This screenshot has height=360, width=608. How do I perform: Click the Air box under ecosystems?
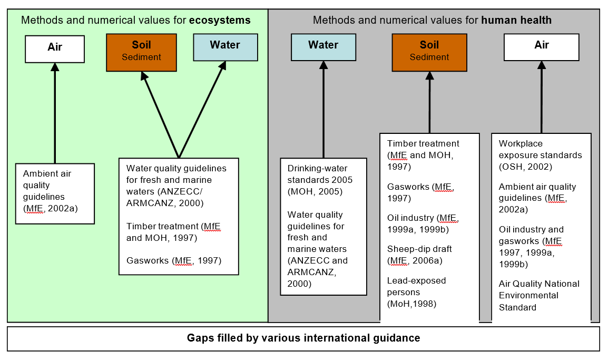(x=55, y=48)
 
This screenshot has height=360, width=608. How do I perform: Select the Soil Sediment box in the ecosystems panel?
(x=141, y=52)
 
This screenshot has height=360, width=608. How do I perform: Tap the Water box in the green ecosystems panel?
(x=225, y=47)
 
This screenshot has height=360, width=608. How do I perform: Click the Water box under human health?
(x=323, y=47)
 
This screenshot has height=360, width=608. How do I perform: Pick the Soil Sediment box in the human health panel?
(x=429, y=52)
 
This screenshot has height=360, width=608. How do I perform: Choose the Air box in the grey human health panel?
(x=541, y=47)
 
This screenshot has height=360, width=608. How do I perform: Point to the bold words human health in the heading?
(x=516, y=21)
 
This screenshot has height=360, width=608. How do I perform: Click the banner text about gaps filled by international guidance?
(x=303, y=338)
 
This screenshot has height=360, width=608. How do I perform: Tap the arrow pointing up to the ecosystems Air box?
(x=55, y=111)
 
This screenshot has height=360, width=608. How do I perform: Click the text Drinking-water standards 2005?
(x=320, y=174)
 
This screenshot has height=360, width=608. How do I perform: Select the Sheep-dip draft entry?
(x=419, y=249)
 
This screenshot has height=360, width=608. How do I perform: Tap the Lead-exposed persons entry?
(x=416, y=286)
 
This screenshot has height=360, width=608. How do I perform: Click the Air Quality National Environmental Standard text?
(x=538, y=295)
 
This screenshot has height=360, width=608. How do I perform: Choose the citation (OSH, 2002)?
(x=525, y=167)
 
